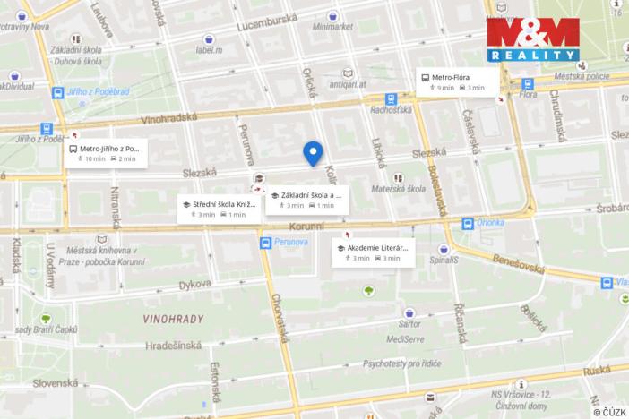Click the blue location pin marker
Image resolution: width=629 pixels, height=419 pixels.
[x=313, y=153]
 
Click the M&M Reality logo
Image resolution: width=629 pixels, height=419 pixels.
[x=533, y=39]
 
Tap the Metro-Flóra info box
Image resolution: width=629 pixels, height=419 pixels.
[x=457, y=81]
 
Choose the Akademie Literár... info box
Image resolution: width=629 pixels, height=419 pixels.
[x=373, y=252]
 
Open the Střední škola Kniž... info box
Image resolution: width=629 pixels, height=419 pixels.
[x=219, y=209]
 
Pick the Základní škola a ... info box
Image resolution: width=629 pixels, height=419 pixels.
[x=306, y=200]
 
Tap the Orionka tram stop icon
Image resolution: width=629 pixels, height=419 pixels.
[x=468, y=224]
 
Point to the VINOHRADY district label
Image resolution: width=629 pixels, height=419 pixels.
[x=174, y=319]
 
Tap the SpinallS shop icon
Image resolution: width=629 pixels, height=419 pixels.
[x=444, y=250]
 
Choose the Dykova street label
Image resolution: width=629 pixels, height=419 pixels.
[x=194, y=285]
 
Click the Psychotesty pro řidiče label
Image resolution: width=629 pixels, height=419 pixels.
[x=403, y=364]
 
